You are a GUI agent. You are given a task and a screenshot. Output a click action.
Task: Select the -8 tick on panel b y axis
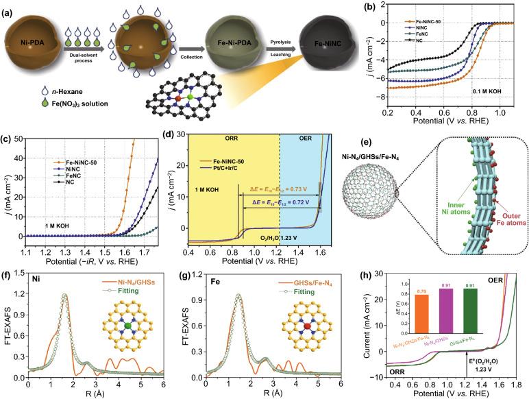click(356, 97)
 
